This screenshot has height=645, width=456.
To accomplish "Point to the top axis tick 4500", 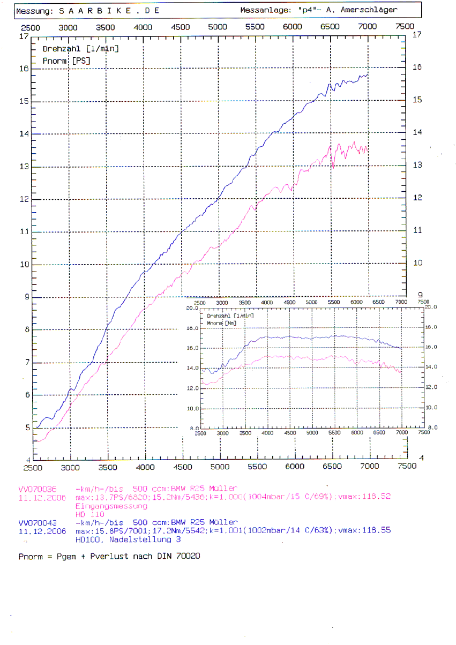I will click(180, 27).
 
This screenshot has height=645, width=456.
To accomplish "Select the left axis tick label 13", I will click(23, 167).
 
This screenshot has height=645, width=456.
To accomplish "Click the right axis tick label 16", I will click(417, 67).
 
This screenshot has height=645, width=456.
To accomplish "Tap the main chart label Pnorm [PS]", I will click(66, 61).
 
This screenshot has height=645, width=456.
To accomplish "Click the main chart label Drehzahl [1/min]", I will click(80, 49).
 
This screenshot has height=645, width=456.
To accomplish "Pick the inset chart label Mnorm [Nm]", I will click(221, 323).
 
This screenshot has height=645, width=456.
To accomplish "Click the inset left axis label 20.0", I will click(192, 309).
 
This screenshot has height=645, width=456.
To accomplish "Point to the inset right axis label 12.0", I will click(431, 387).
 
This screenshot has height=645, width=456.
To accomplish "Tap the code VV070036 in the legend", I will click(36, 489).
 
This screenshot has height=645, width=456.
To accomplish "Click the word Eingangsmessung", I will click(111, 506).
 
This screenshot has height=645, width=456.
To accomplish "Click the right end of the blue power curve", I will click(368, 75).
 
